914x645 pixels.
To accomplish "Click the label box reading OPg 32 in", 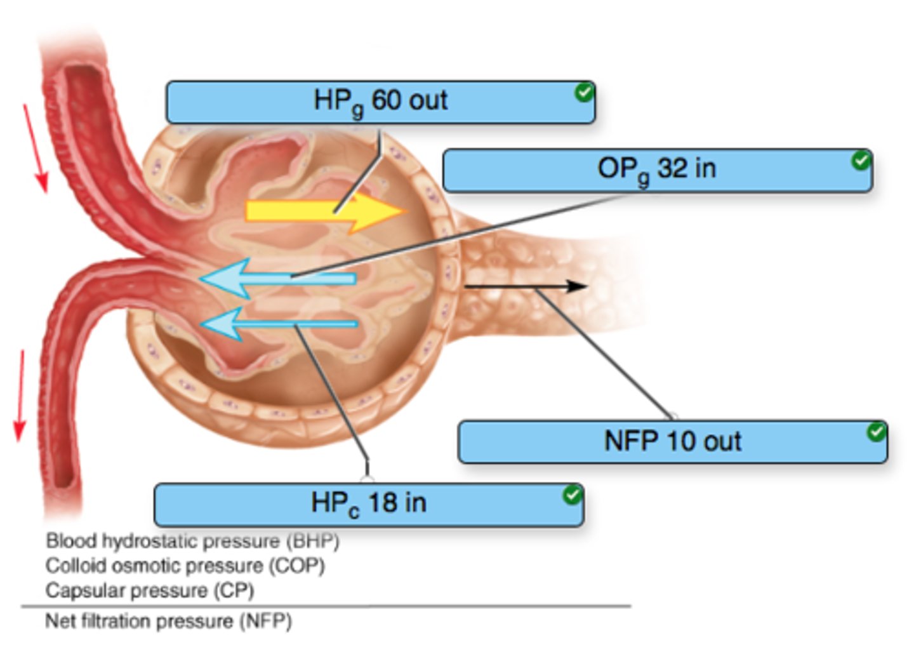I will [657, 170].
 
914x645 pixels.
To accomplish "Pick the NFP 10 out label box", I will [672, 441].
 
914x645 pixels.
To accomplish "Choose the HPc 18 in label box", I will [368, 504].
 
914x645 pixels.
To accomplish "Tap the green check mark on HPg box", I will [583, 93].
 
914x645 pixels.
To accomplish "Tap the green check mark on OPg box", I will [861, 161].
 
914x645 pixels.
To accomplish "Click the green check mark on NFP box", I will [876, 432].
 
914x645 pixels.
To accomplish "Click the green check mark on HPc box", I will [572, 495].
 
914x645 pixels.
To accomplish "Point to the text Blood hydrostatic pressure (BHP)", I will [192, 541].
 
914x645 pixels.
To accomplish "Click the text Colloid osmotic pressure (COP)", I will [185, 566].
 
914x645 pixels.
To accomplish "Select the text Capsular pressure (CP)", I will [150, 590].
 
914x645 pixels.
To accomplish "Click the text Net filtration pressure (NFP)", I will [168, 621].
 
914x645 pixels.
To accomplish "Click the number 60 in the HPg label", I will [383, 100].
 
